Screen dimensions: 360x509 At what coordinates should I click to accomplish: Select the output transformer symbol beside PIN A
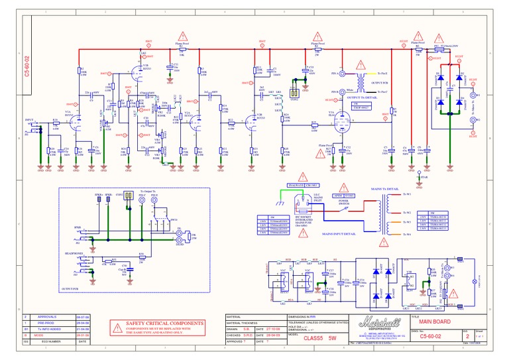coord(361,82)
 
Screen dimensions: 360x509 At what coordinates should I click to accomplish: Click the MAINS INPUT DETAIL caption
coord(340,234)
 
